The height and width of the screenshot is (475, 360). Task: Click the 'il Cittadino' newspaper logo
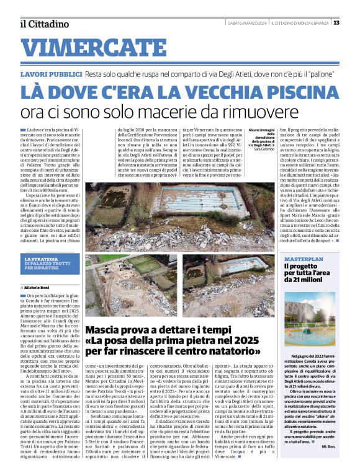43,24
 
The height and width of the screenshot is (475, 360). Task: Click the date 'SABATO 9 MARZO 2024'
247,23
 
